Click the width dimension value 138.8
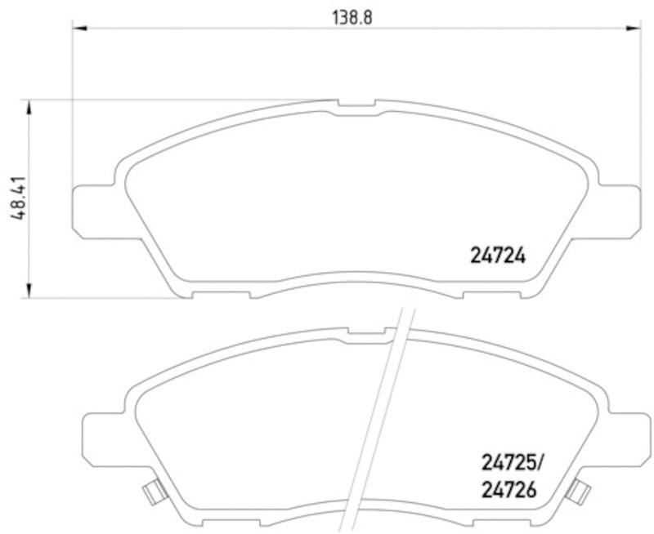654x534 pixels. click(352, 16)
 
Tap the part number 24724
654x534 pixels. click(496, 256)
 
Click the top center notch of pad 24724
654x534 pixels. click(357, 105)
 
